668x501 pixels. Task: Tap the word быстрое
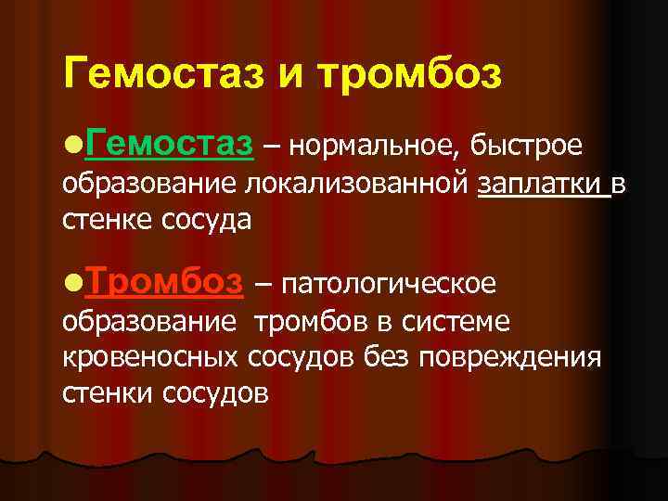point(526,147)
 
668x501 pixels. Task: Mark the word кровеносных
point(153,357)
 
